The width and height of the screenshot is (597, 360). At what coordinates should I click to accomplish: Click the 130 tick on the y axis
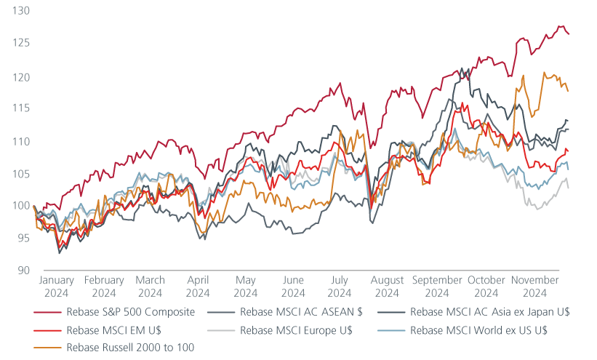click(20, 12)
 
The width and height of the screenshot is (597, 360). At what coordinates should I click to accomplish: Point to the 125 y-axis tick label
click(20, 44)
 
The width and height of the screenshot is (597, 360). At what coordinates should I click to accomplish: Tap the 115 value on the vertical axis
click(20, 108)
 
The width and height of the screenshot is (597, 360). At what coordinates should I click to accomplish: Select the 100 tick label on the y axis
click(20, 206)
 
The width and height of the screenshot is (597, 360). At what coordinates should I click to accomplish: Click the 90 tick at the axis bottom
click(23, 271)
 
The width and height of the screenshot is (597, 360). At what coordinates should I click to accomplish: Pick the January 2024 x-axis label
click(56, 287)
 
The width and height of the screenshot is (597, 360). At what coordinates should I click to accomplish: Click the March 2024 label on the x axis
click(150, 287)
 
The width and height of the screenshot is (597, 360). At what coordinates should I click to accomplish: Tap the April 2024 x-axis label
click(198, 287)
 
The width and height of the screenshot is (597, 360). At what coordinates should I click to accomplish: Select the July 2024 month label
click(340, 287)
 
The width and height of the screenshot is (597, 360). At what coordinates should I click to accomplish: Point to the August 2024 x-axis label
click(387, 287)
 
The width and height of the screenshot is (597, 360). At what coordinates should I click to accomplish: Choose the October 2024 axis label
click(486, 287)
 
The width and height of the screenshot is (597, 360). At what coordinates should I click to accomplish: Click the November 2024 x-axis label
click(534, 287)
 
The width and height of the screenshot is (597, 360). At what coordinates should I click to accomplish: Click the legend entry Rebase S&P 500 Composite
click(130, 313)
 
